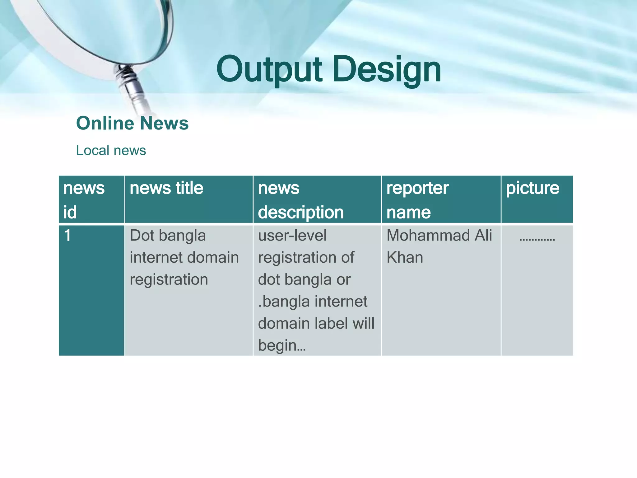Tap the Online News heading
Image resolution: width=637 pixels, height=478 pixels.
point(132,123)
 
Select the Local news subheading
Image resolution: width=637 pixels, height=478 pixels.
point(111,150)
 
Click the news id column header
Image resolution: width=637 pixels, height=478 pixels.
point(84,199)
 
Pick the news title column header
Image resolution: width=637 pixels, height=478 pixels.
point(166,188)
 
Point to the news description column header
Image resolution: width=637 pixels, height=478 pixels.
point(300,199)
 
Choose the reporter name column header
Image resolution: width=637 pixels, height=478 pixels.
point(417,199)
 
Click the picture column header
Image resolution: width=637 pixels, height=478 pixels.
point(532,188)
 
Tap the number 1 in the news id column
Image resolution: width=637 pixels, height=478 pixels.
point(67,235)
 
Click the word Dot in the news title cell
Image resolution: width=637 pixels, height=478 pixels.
point(142,235)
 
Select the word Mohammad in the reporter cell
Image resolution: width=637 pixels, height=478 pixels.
point(428,235)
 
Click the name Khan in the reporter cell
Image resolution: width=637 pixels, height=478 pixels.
point(405,257)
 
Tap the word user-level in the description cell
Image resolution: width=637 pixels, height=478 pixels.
point(292,235)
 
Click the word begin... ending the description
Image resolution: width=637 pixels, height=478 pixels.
point(281,345)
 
